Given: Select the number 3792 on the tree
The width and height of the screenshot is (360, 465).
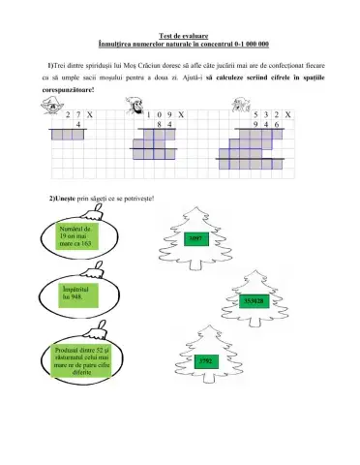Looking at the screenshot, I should pos(204,361).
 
